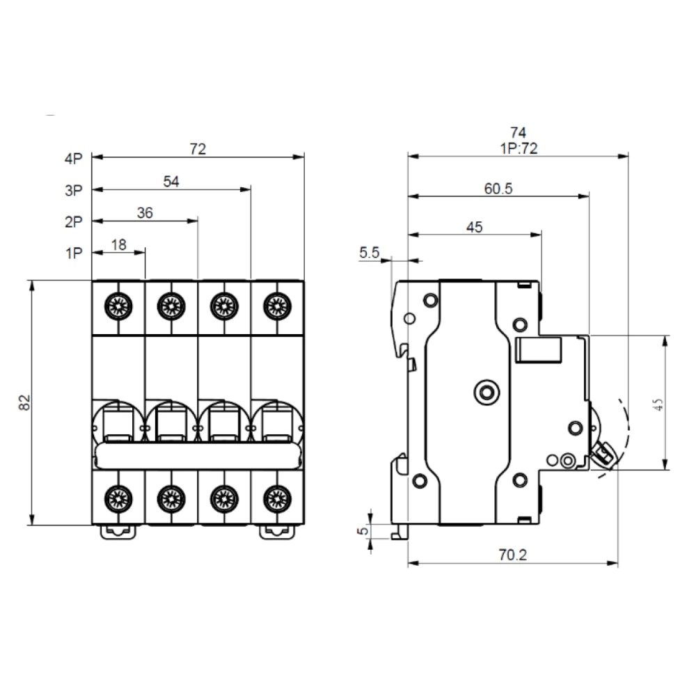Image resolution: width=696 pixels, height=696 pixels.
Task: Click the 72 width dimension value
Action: pos(198,148)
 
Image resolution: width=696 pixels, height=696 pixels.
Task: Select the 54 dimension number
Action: pos(171,182)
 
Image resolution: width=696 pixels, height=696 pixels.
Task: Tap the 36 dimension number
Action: pos(145,213)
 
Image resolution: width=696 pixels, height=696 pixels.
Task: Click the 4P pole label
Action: pos(73,159)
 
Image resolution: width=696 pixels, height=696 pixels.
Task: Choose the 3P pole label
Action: pos(73,190)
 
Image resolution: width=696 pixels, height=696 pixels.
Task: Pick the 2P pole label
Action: pos(73,222)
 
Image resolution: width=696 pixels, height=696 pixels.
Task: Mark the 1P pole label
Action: pos(73,253)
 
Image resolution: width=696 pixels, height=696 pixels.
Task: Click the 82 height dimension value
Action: pos(24,402)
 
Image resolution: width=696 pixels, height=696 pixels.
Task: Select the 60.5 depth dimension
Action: pos(498,189)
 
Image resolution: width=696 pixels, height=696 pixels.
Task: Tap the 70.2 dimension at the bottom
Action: pos(512,555)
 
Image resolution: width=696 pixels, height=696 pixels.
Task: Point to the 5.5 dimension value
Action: pos(369,254)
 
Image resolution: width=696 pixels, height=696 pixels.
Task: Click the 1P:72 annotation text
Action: pos(517,147)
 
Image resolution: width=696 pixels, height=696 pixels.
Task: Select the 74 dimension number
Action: pos(517,132)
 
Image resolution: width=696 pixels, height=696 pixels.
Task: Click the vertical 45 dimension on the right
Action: pos(658,403)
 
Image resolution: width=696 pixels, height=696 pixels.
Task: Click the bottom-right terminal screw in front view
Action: pos(277,497)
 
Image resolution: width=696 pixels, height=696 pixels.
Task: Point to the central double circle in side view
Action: pos(486,392)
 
